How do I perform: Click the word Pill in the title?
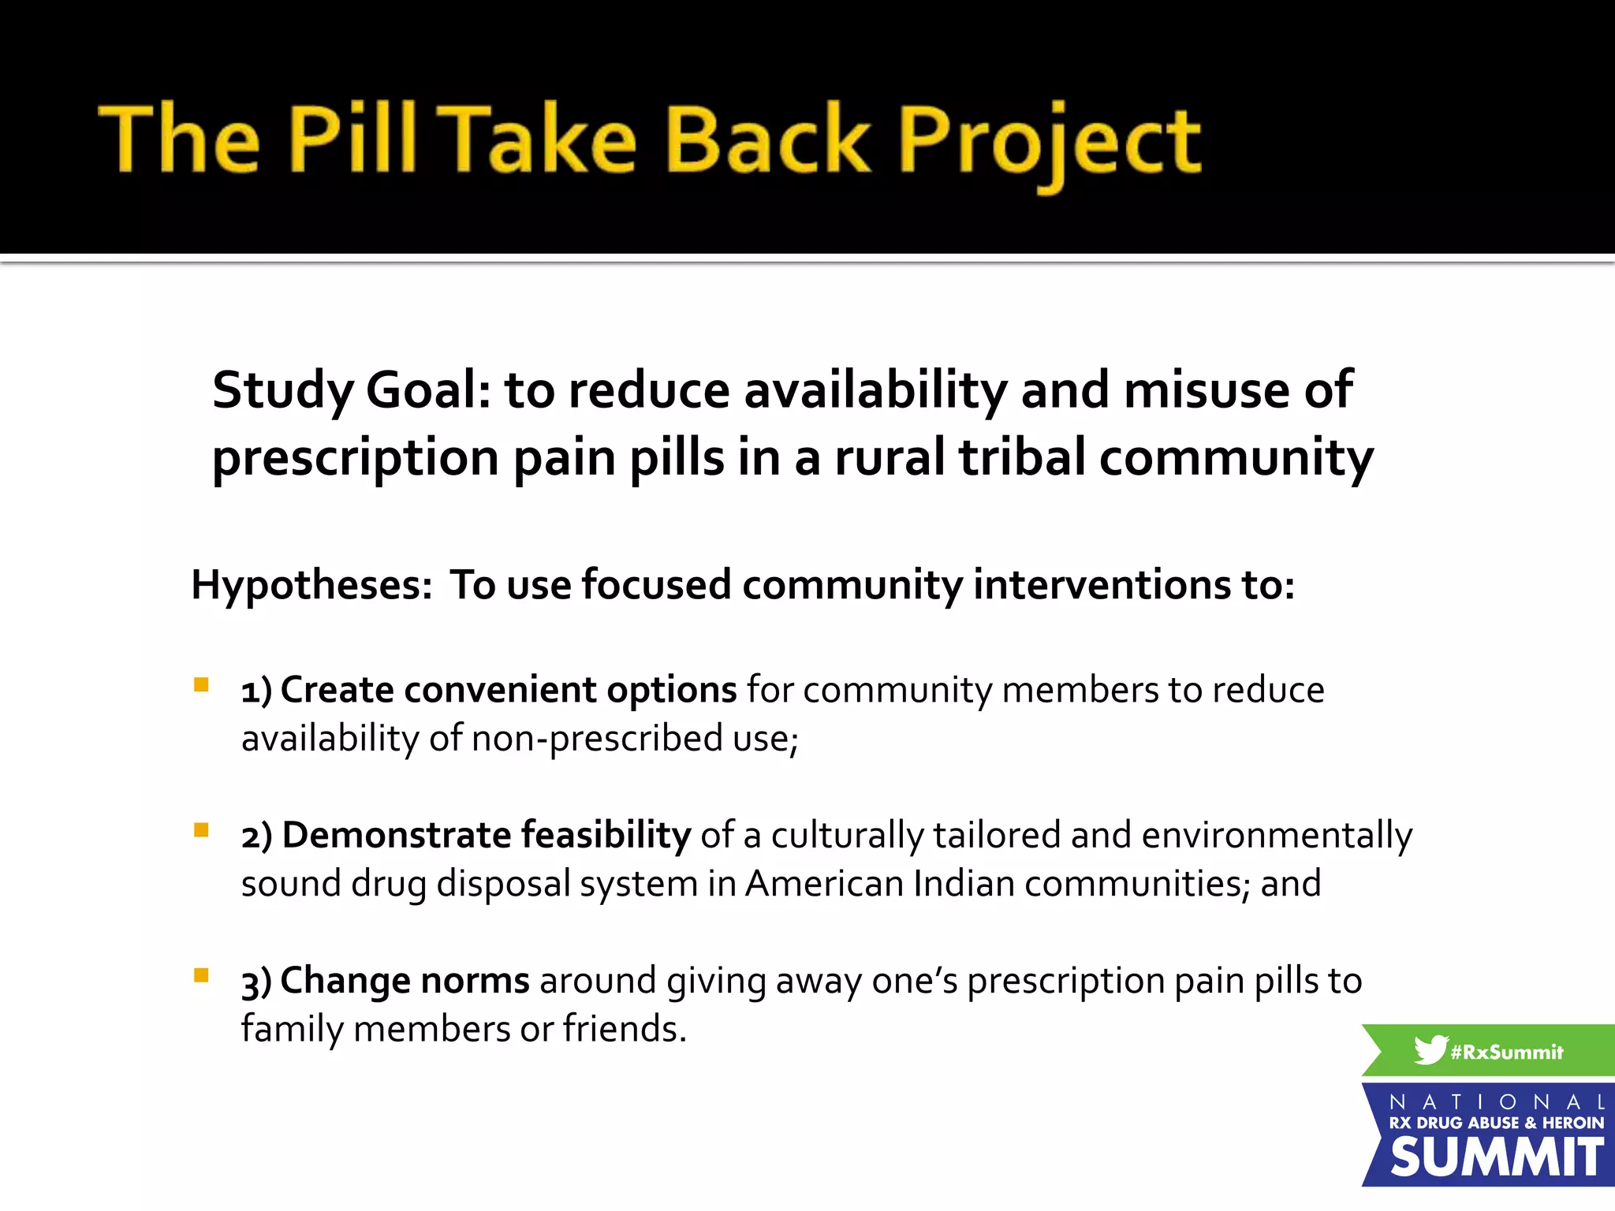(352, 139)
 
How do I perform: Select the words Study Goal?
(352, 391)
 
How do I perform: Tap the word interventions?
(1102, 584)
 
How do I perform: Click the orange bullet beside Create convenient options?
(202, 684)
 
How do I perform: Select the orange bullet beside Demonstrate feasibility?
(202, 829)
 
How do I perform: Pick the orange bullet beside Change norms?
(202, 975)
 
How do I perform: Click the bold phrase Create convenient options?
(508, 690)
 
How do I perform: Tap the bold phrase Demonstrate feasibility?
(486, 835)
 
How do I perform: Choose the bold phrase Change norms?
(405, 981)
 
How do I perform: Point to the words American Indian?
(879, 884)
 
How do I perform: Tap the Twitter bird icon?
(1430, 1050)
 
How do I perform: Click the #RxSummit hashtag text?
(1506, 1052)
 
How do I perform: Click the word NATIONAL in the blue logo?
(1497, 1101)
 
